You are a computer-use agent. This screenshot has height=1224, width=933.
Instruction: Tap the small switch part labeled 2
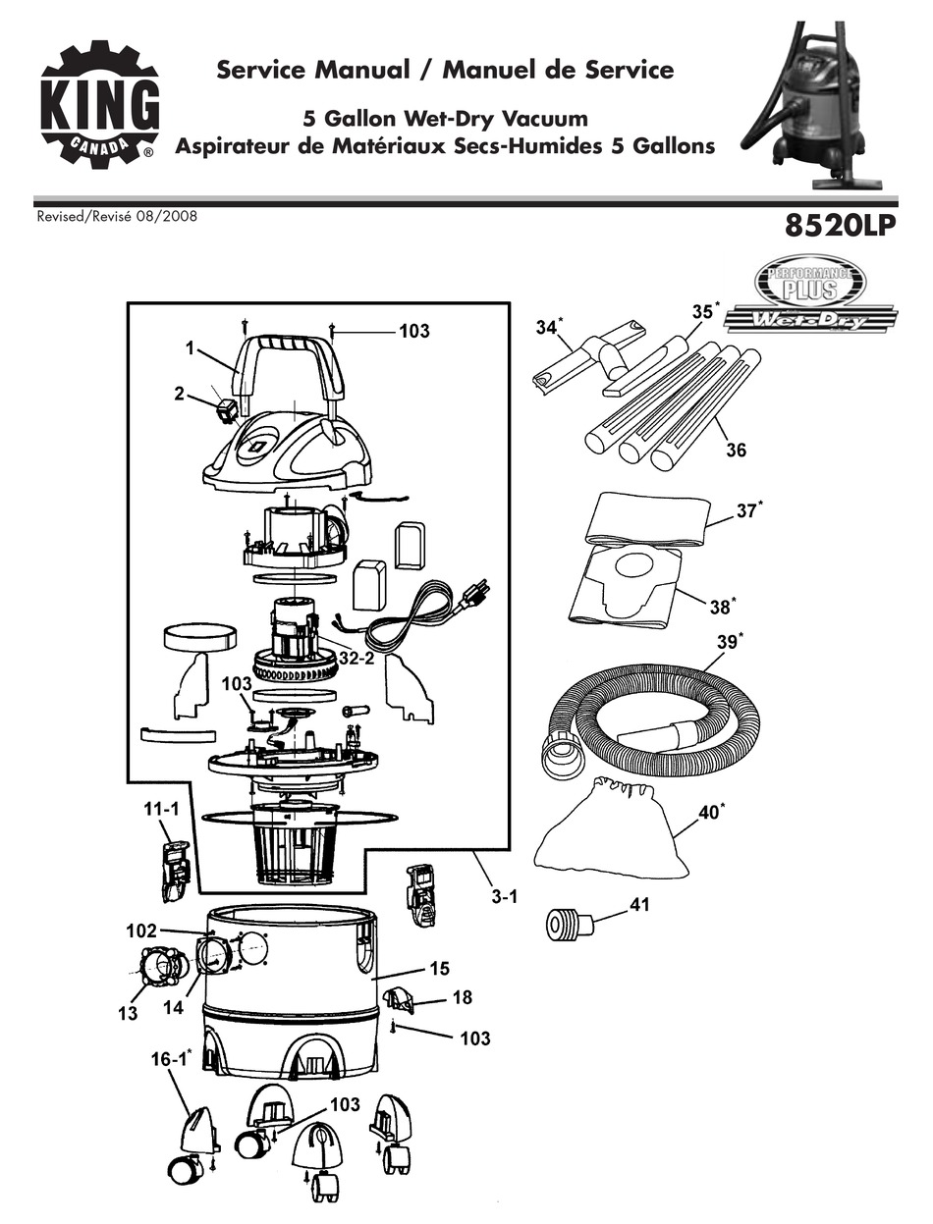[x=228, y=408]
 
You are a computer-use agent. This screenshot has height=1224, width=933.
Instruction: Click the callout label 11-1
[x=163, y=811]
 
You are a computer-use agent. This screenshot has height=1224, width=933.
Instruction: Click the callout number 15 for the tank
[x=438, y=969]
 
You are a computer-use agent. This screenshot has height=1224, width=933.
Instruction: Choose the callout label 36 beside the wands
[x=736, y=450]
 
